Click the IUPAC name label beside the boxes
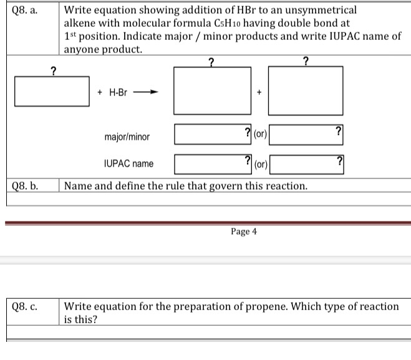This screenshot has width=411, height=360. [128, 163]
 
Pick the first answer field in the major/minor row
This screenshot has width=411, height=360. [213, 133]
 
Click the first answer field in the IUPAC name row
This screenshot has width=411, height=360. [213, 163]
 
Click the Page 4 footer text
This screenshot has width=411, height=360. [243, 231]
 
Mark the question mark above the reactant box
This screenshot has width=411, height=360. [54, 70]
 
